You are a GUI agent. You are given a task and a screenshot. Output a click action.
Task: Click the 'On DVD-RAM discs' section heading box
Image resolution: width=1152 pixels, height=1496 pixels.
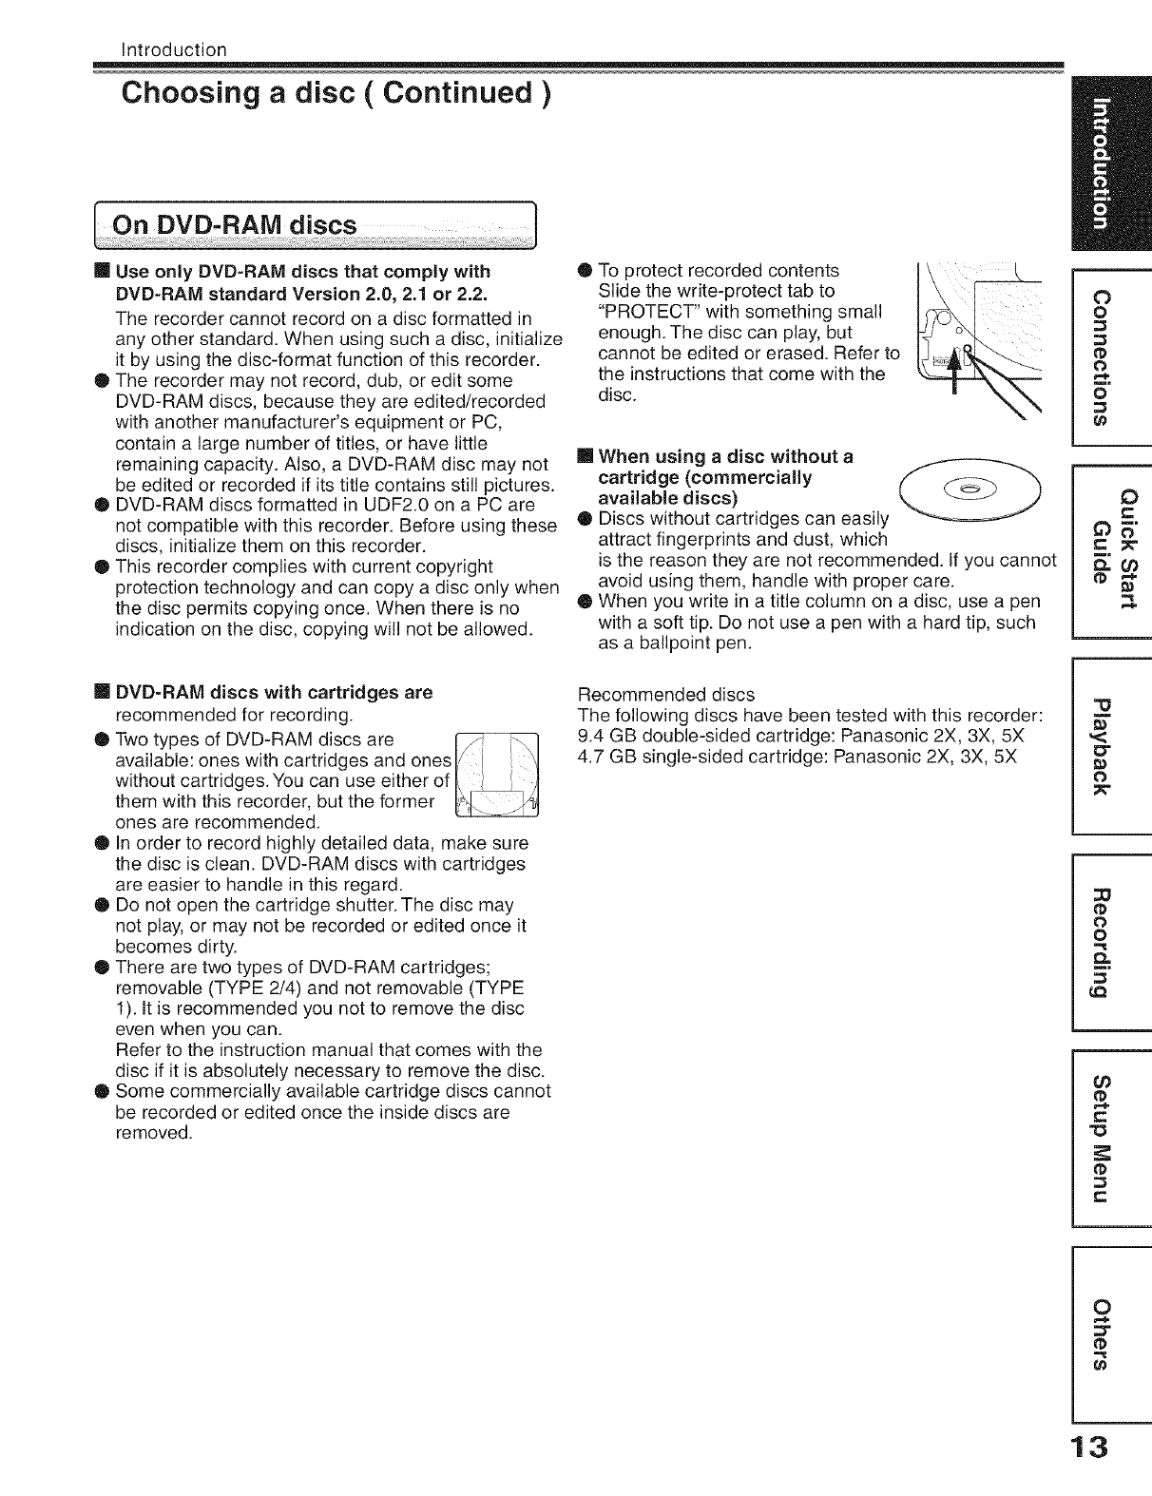(x=323, y=225)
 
